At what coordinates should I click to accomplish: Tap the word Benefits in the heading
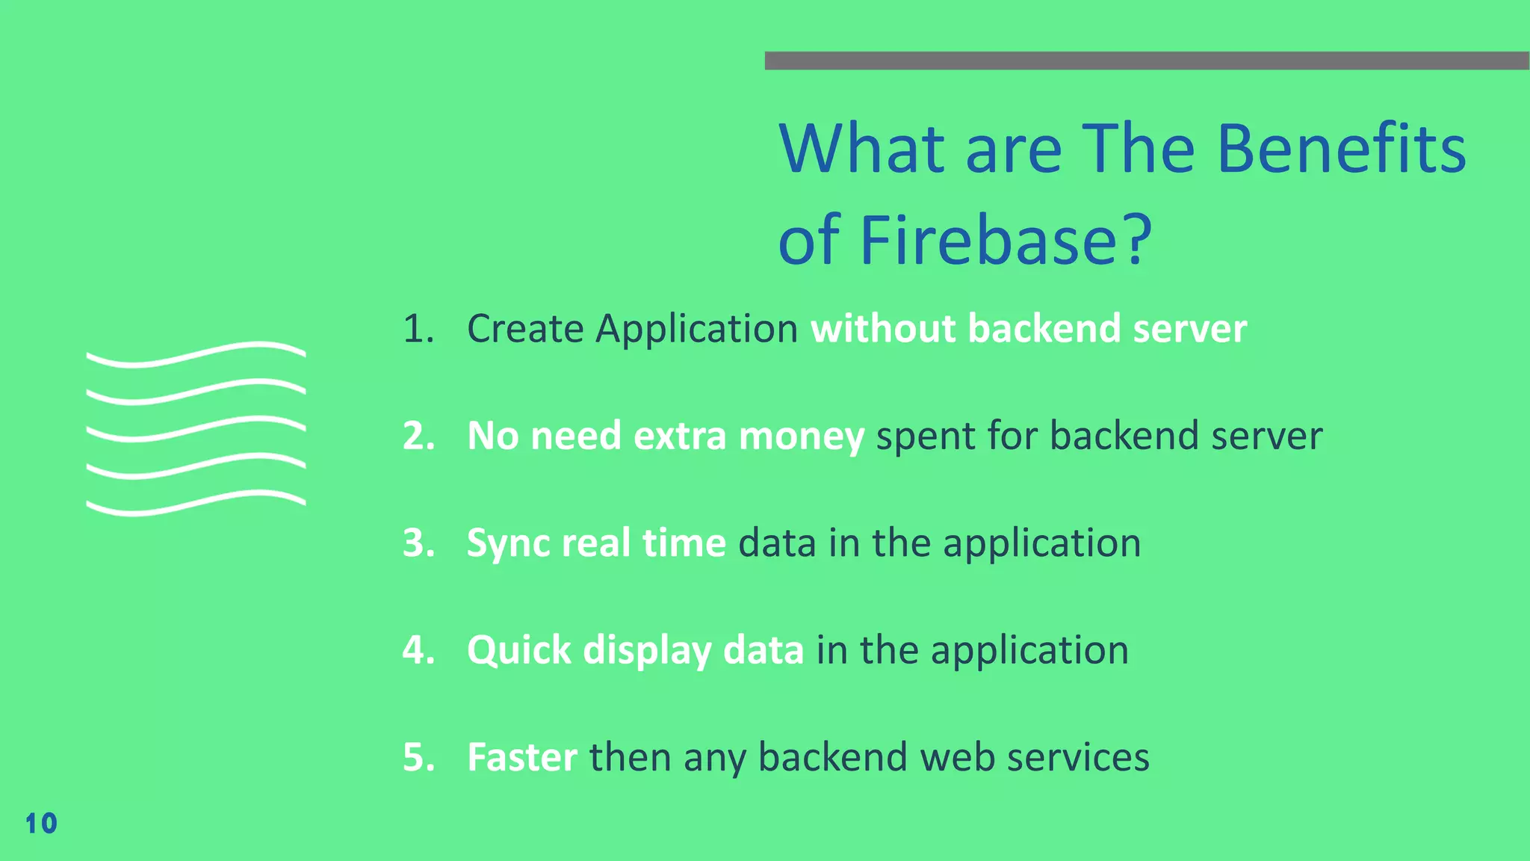pos(1341,149)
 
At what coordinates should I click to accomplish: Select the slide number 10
pos(41,824)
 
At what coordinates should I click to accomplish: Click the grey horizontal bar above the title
pos(1147,61)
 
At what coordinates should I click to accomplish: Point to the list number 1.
pos(417,329)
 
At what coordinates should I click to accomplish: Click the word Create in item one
pos(525,329)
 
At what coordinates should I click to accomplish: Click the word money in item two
pos(801,436)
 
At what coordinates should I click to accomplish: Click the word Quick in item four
pos(518,651)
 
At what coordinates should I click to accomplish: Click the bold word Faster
pos(521,757)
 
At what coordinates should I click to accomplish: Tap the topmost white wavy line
pos(196,354)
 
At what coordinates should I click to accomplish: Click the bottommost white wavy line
pos(196,504)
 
